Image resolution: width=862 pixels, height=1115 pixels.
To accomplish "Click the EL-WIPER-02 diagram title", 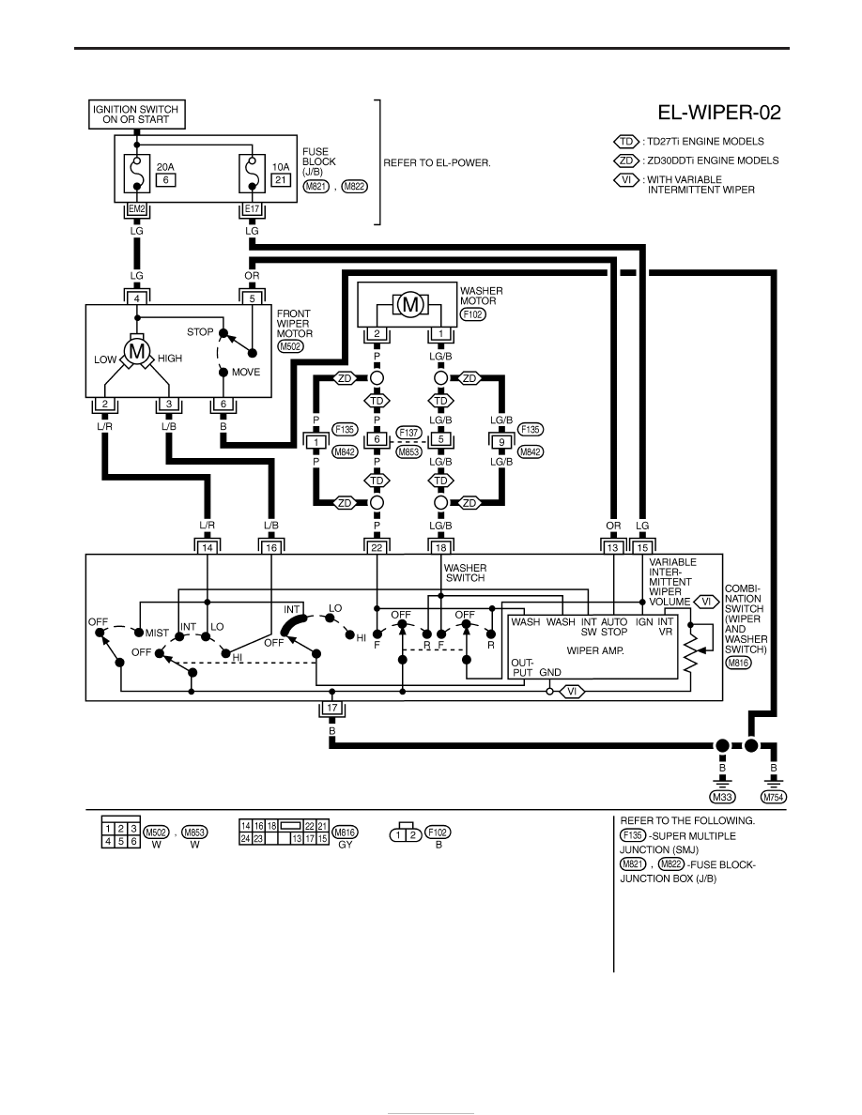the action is (718, 113).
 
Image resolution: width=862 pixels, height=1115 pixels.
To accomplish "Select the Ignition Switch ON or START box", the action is (136, 115).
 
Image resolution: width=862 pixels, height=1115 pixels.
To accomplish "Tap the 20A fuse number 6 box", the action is (165, 180).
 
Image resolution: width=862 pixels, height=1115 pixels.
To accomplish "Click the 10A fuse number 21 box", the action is (281, 180).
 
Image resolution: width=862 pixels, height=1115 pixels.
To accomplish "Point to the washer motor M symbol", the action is (409, 305).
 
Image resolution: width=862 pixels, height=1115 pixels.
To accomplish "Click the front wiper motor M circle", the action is (136, 351).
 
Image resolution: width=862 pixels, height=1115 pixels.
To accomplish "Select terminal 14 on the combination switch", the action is (207, 547).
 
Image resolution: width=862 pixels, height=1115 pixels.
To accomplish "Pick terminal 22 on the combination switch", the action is (377, 547).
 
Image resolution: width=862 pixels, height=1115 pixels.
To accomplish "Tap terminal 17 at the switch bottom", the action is (332, 709).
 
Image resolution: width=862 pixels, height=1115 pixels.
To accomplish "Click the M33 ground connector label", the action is (723, 797).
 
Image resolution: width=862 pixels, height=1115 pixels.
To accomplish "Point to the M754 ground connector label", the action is (773, 797).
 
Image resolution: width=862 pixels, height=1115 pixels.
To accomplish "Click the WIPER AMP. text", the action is (595, 650).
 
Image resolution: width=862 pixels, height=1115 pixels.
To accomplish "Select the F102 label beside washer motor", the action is (473, 313).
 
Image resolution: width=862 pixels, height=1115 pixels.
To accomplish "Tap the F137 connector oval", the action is (409, 433).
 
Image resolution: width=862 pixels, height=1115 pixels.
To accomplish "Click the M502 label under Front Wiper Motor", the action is (290, 346).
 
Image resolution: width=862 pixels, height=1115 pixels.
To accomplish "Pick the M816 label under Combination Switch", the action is (738, 662).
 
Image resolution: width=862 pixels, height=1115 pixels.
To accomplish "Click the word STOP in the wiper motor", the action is (200, 332).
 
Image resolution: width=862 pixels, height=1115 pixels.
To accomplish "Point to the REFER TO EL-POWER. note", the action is (437, 163).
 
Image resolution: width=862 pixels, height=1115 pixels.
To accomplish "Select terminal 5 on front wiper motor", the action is (252, 299).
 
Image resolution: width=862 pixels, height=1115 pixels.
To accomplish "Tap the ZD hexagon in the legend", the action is (626, 160).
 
